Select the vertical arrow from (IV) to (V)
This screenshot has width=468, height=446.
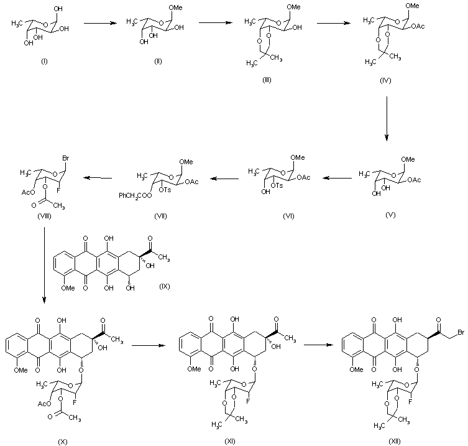[x=387, y=118]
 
